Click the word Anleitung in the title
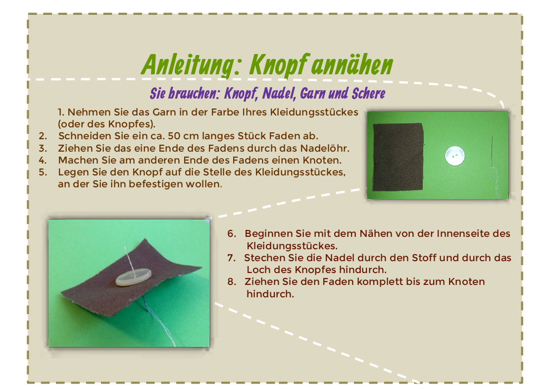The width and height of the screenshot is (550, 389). [191, 65]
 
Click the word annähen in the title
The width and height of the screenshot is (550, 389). [352, 65]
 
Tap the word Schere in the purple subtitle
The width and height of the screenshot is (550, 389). [368, 93]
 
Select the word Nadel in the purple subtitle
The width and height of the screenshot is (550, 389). [280, 94]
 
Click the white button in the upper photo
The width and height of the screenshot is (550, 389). [454, 156]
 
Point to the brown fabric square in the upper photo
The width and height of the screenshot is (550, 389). [398, 157]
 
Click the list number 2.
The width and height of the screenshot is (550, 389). [43, 136]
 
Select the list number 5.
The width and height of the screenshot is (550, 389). [43, 172]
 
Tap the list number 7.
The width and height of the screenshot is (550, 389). [231, 258]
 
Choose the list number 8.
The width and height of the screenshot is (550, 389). [232, 281]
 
